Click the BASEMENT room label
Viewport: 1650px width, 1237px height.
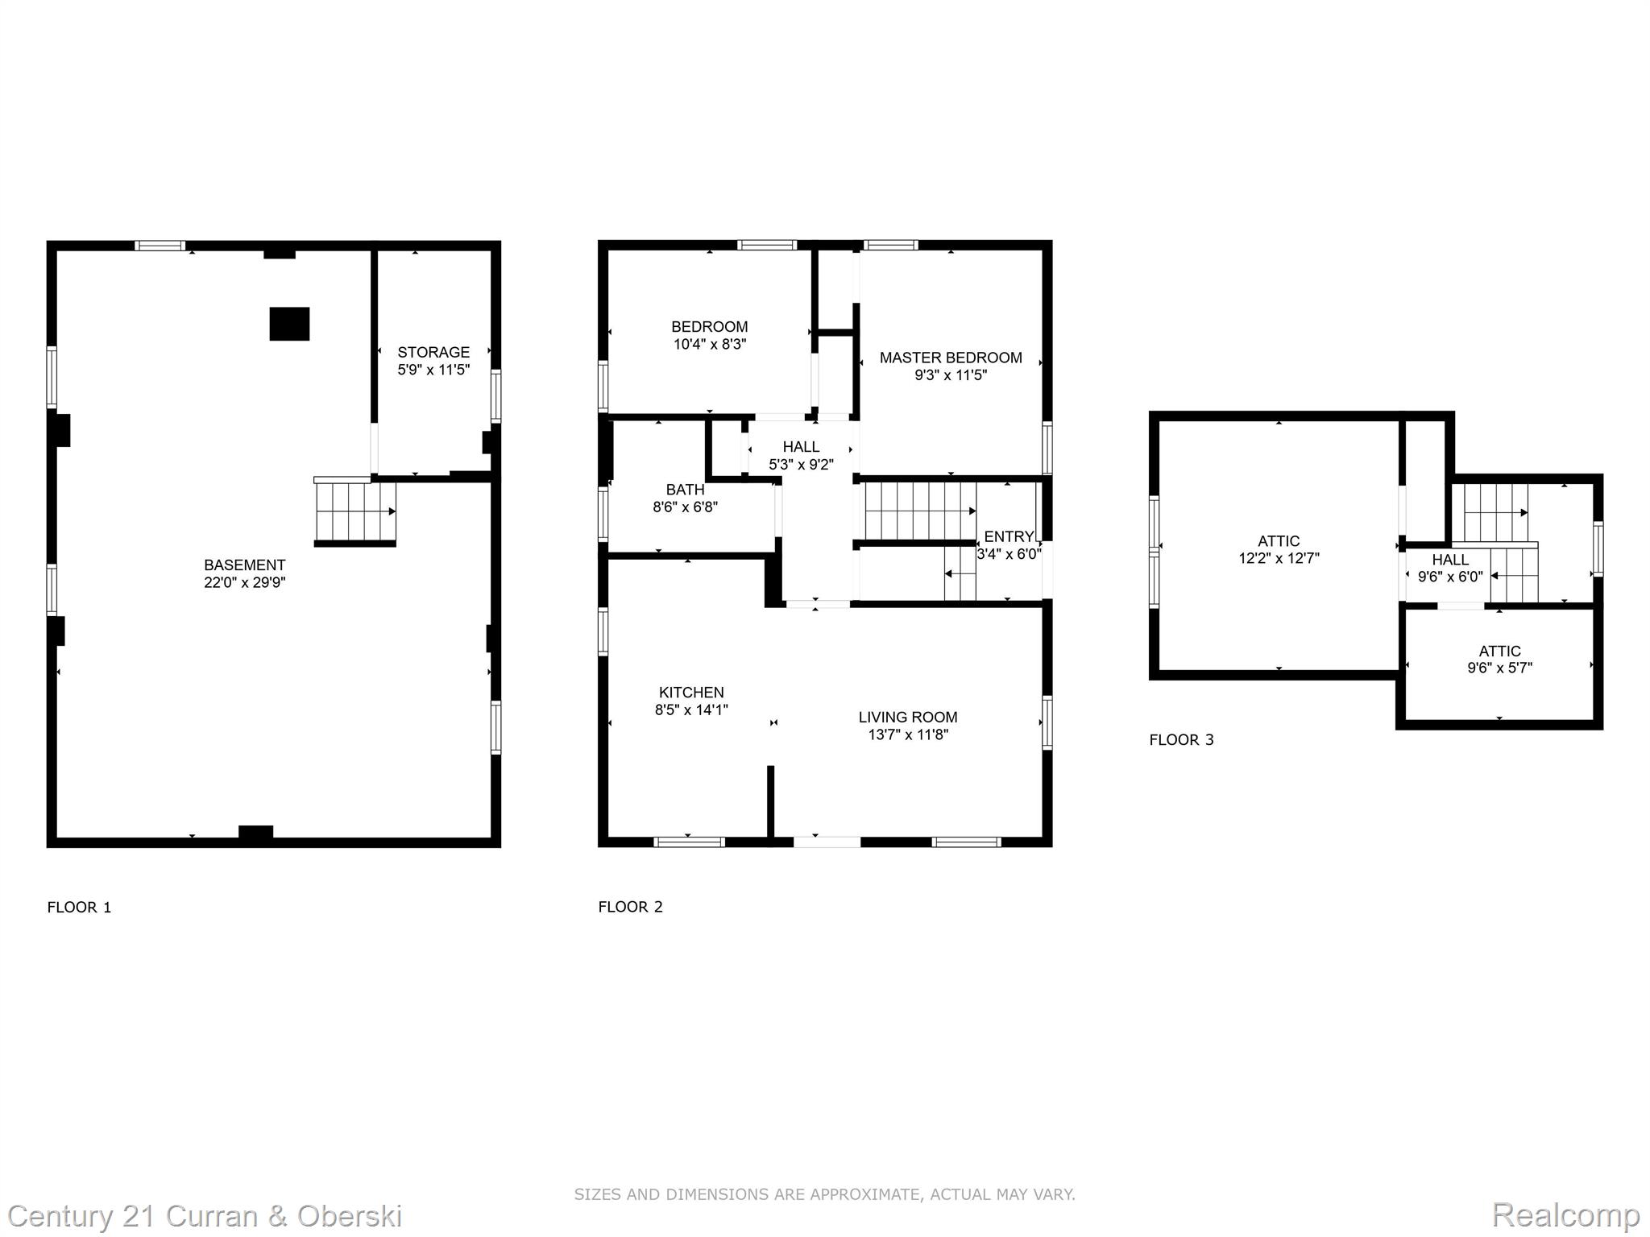(x=245, y=565)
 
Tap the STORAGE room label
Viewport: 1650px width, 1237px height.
(x=433, y=352)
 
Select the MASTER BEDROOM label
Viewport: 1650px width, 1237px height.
(x=951, y=358)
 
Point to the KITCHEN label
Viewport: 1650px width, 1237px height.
(x=691, y=693)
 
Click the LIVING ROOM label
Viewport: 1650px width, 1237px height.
(x=908, y=718)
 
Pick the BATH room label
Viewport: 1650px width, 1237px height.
(x=686, y=490)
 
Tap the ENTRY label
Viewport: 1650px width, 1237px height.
(x=1009, y=536)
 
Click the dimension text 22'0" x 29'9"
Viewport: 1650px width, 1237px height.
(x=245, y=582)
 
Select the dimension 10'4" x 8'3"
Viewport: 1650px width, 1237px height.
(x=710, y=344)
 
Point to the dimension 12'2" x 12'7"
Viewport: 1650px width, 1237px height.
(x=1279, y=558)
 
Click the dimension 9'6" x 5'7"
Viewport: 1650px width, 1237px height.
(x=1500, y=668)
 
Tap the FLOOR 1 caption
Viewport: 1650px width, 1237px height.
(x=80, y=908)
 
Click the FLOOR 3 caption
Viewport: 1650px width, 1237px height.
(x=1182, y=740)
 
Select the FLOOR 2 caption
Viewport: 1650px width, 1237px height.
(x=631, y=907)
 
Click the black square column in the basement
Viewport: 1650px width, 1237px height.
(x=289, y=324)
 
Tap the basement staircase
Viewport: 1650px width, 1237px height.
(x=355, y=512)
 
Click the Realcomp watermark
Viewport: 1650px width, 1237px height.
(x=1566, y=1215)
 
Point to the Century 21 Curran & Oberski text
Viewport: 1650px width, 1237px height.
(x=205, y=1216)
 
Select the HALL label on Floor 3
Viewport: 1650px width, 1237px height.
(x=1450, y=560)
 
